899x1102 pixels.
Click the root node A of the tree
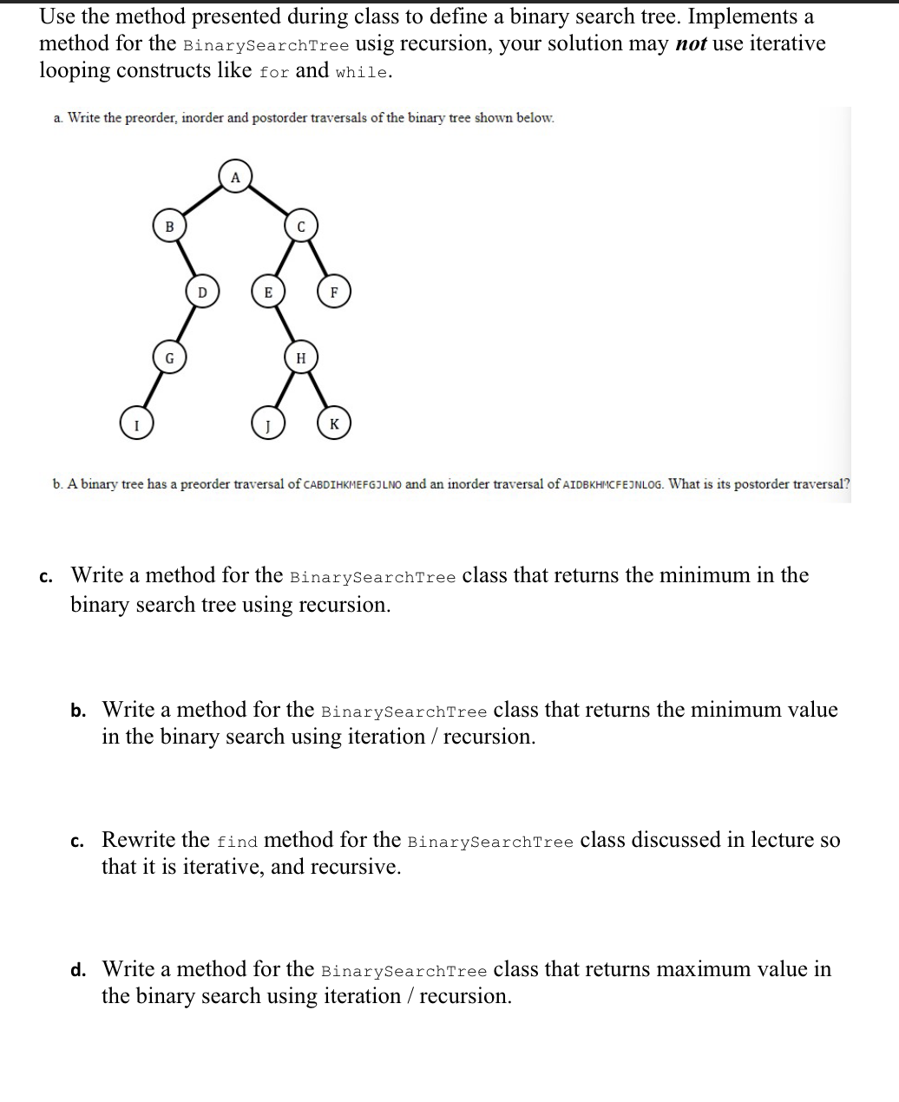[234, 176]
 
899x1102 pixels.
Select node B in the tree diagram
[169, 226]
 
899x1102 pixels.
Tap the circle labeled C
[301, 226]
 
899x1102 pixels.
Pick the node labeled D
[202, 292]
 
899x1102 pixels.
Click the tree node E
[268, 292]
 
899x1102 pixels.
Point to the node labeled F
[334, 292]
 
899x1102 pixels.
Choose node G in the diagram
[169, 357]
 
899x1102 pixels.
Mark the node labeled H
[301, 357]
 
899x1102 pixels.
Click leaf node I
[135, 424]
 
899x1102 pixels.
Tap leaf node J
[268, 424]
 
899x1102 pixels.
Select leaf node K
[334, 424]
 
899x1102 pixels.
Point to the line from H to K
[318, 390]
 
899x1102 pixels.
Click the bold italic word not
[690, 44]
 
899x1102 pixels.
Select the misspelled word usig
[379, 44]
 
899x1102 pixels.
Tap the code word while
[362, 72]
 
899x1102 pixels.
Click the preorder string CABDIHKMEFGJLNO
[352, 484]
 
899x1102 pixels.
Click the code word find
[237, 842]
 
